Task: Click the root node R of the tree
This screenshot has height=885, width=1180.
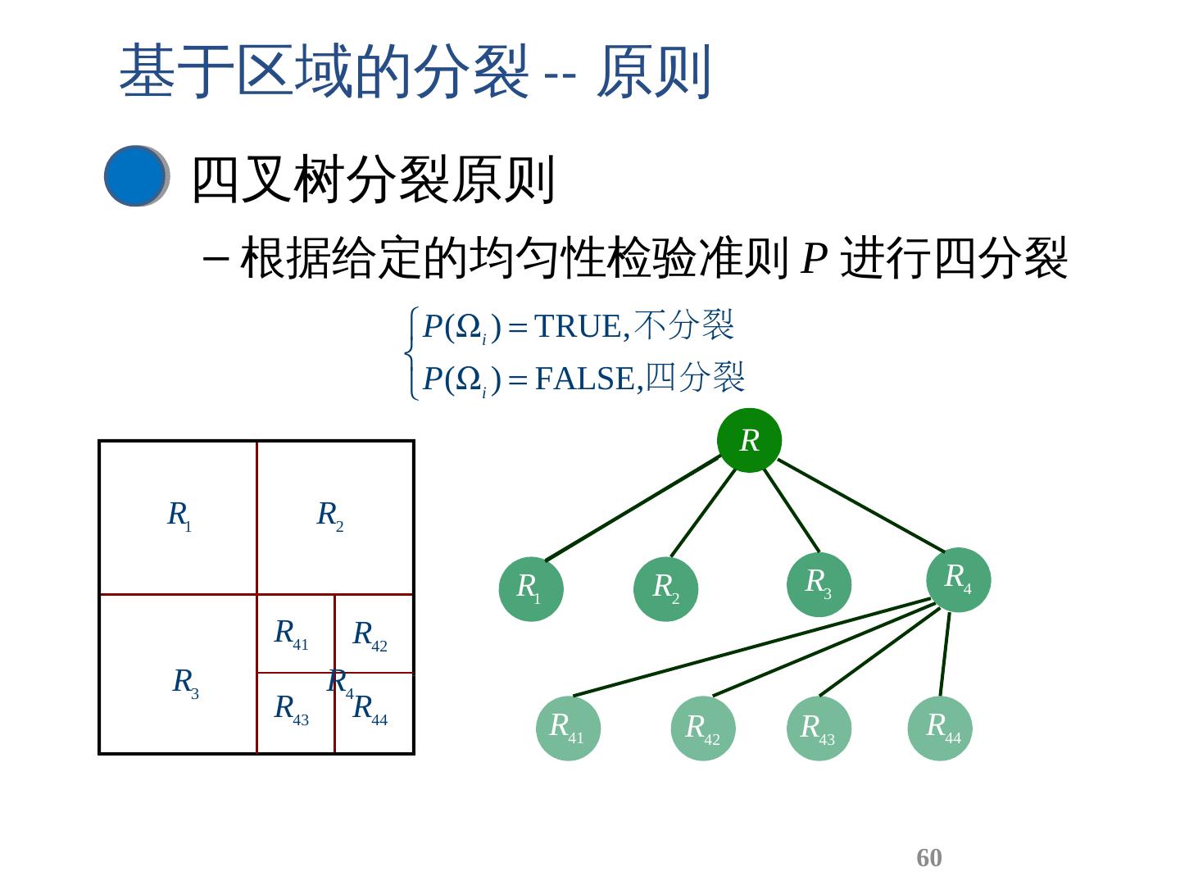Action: [749, 440]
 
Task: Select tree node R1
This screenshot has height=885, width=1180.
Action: [531, 588]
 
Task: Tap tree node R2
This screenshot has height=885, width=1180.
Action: [665, 588]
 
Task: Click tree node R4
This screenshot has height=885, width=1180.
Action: [958, 579]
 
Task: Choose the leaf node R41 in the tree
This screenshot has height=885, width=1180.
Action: [567, 728]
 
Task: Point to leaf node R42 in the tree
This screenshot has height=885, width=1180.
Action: [702, 728]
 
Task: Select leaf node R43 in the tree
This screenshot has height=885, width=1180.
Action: [818, 728]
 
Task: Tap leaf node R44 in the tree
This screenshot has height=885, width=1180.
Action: [940, 728]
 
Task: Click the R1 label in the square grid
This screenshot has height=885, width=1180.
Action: [179, 515]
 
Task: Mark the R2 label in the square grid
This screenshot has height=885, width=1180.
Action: [330, 515]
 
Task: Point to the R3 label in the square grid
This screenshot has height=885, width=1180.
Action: [185, 682]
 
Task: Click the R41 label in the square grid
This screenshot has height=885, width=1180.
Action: [291, 633]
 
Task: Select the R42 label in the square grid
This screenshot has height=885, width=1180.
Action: [370, 635]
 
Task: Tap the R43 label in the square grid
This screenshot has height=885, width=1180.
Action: [291, 708]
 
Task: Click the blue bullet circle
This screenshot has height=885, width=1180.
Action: [135, 175]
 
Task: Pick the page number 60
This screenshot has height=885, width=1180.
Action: [928, 857]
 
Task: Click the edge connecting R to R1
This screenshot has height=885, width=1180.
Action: [631, 508]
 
